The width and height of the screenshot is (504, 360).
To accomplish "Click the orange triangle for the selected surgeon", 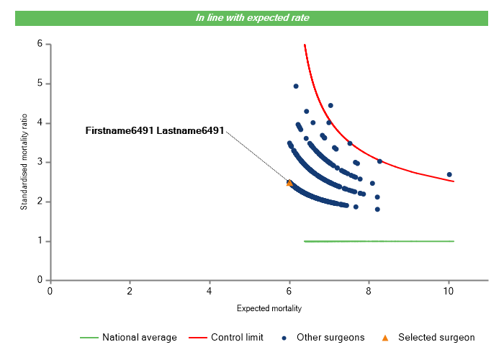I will tap(289, 183).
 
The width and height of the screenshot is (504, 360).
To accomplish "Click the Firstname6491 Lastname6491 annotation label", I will tap(155, 131).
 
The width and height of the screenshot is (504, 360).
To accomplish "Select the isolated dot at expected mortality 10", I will tap(449, 174).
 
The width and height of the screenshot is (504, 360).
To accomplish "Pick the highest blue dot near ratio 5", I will tap(296, 86).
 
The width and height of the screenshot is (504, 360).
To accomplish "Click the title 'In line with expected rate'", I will tap(252, 17).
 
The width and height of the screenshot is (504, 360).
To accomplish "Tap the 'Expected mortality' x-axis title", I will tap(269, 308).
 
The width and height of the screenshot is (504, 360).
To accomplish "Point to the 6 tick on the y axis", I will tap(40, 44).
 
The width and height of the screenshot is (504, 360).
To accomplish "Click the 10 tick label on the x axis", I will tap(449, 291).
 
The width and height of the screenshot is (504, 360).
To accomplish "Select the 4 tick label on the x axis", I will tap(210, 291).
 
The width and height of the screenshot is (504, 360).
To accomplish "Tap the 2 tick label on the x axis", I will tap(130, 291).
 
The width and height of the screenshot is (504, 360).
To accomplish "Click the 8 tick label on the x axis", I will tap(369, 291).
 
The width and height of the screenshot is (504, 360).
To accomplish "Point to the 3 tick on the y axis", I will tap(40, 162).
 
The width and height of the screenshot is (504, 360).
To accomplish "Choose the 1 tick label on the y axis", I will tap(40, 241).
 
